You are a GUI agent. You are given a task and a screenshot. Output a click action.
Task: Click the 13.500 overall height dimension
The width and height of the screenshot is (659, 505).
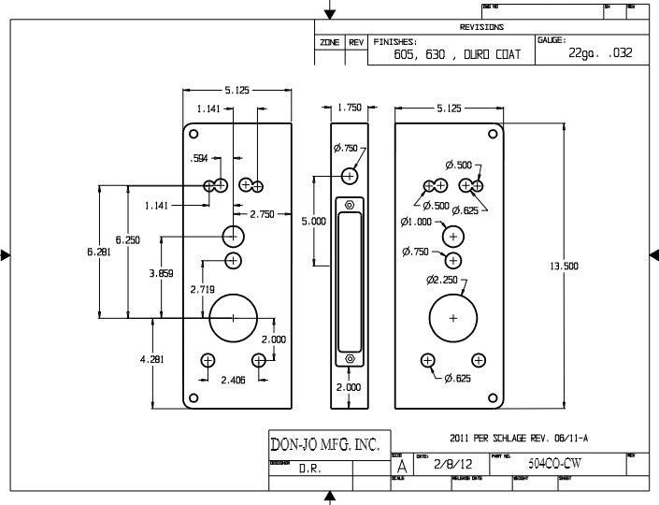[x=564, y=267]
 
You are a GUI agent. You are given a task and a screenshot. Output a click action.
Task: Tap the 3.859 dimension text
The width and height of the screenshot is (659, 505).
[x=160, y=273]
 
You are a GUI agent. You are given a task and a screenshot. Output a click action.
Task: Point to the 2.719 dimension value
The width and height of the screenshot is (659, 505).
[x=203, y=290]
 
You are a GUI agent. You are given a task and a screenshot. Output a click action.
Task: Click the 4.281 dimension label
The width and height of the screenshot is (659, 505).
[x=151, y=360]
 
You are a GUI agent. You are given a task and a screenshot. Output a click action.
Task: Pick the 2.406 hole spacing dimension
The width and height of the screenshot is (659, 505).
[x=233, y=381]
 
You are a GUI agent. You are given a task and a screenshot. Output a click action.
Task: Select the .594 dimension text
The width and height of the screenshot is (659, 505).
[x=198, y=158]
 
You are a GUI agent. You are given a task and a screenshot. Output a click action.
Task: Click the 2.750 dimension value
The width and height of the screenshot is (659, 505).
[x=262, y=214]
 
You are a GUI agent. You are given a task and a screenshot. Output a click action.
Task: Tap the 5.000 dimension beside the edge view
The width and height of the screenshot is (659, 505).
[x=313, y=222]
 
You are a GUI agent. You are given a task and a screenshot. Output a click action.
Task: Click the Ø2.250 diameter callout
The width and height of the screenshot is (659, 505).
[x=440, y=280]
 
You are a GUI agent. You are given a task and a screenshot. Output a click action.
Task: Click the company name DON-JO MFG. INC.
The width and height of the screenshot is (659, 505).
[x=324, y=445]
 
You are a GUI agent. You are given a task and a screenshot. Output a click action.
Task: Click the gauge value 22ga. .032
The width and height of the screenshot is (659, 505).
[x=600, y=53]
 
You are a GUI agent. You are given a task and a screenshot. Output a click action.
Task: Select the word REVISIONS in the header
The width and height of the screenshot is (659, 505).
[x=482, y=27]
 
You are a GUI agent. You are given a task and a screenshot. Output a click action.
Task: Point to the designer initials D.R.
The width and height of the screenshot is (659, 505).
[x=310, y=469]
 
